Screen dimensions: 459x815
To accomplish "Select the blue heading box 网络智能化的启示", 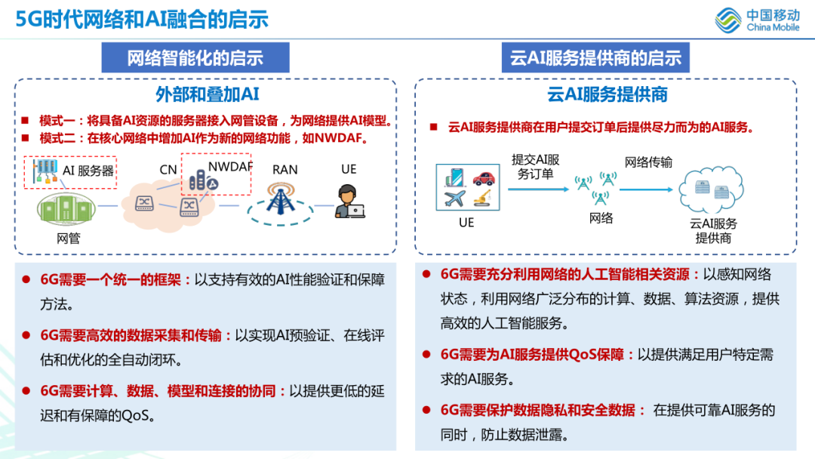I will pos(195,57).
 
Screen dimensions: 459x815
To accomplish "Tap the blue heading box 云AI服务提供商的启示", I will pos(595,57).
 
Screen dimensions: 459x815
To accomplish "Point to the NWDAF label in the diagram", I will pos(230,166).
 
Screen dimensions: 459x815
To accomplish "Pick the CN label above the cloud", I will pos(168,170).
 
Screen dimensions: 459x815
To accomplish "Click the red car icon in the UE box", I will pos(484,178).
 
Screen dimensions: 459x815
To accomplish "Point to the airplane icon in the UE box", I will pos(454,200).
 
